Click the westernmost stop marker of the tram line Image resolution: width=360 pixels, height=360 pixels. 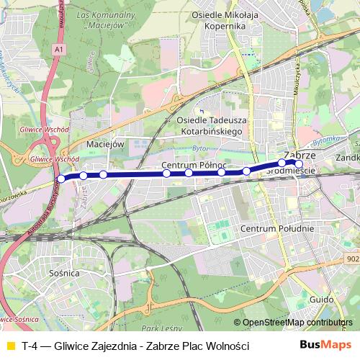[x=61, y=179]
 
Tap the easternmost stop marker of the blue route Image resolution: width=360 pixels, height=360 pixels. [x=299, y=163]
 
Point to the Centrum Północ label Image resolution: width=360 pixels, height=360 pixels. [x=194, y=166]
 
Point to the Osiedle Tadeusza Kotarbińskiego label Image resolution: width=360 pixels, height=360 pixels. [x=210, y=127]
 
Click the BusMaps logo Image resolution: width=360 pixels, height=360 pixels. [x=325, y=346]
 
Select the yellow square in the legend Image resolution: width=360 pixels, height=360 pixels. [x=9, y=346]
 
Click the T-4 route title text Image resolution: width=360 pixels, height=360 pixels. [x=135, y=346]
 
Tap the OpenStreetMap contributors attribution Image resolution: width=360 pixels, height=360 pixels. [x=297, y=323]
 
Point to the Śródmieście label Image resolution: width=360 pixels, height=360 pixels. [x=292, y=171]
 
